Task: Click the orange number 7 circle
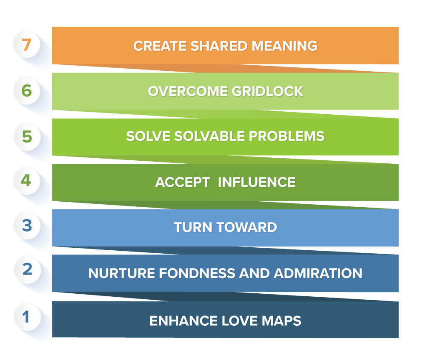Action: pyautogui.click(x=27, y=45)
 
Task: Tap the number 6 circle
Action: pyautogui.click(x=27, y=90)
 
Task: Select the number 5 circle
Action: pyautogui.click(x=27, y=136)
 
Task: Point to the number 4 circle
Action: pyautogui.click(x=27, y=181)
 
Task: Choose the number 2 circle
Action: pyautogui.click(x=27, y=270)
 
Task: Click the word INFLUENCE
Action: pyautogui.click(x=257, y=182)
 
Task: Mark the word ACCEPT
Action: pyautogui.click(x=182, y=182)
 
